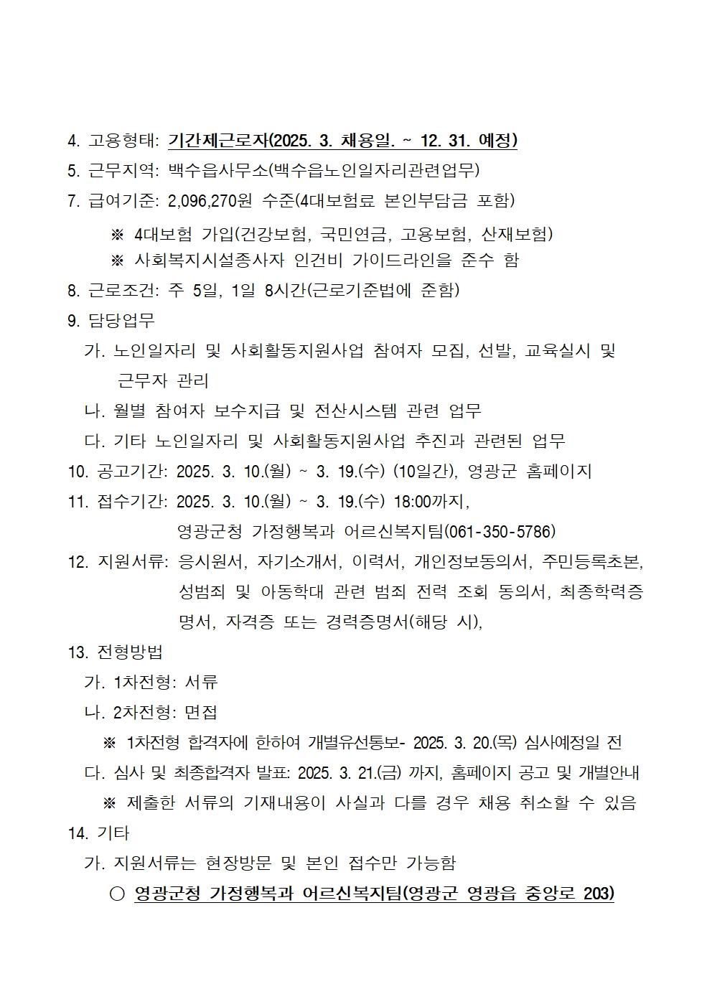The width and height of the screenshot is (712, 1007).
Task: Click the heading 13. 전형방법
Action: coord(115,652)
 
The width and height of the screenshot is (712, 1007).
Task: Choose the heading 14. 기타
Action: coord(98,833)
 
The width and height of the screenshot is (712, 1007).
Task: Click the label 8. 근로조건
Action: coord(112,290)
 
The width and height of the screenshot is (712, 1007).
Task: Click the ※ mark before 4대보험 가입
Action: coord(117,234)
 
